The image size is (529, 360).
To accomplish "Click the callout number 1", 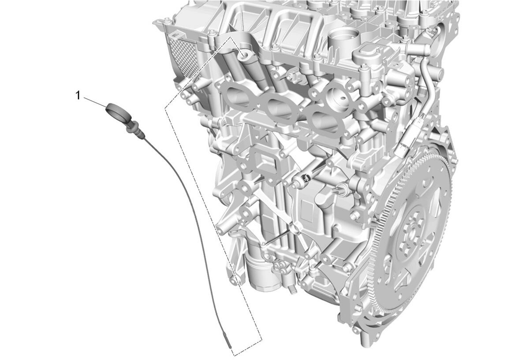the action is pyautogui.click(x=78, y=96).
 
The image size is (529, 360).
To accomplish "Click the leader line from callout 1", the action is pyautogui.click(x=95, y=102).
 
